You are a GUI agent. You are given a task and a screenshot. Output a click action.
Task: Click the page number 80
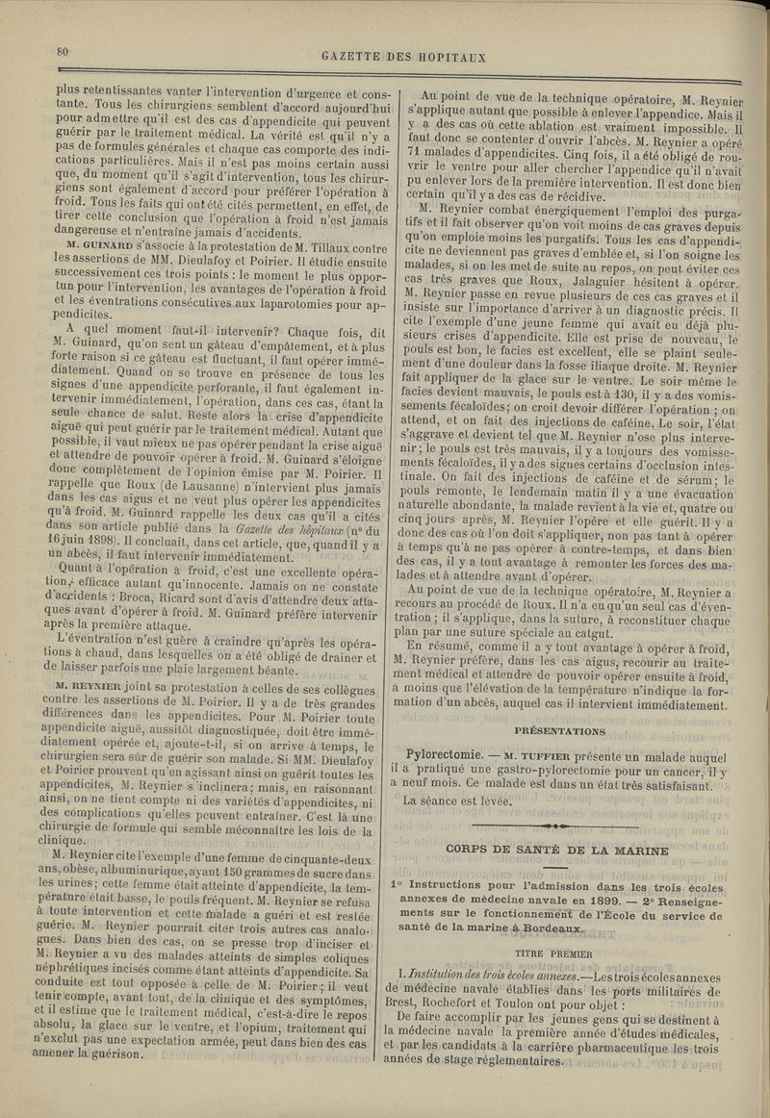pyautogui.click(x=64, y=52)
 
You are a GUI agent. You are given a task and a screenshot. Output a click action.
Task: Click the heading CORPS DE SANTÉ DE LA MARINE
pyautogui.click(x=557, y=850)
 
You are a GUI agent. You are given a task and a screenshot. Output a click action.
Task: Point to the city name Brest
pyautogui.click(x=404, y=1012)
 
